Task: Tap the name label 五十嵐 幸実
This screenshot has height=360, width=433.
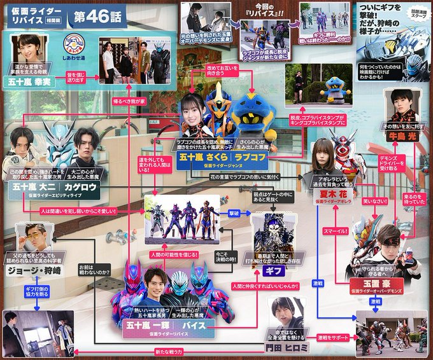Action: [x=32, y=81]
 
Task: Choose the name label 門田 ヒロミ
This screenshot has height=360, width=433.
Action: [x=284, y=347]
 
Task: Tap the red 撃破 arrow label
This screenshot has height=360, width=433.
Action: [x=234, y=214]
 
